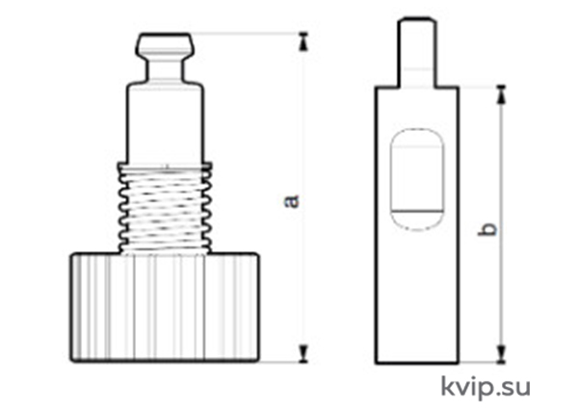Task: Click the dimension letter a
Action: pyautogui.click(x=292, y=201)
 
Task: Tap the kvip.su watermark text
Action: pyautogui.click(x=486, y=388)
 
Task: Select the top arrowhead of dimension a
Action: pyautogui.click(x=303, y=41)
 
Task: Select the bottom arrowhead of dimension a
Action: pyautogui.click(x=303, y=353)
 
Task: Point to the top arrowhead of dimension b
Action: pyautogui.click(x=501, y=94)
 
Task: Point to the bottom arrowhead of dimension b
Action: pyautogui.click(x=501, y=354)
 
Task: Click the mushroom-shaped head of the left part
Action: pyautogui.click(x=165, y=45)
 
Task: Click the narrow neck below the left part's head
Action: pyautogui.click(x=165, y=70)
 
